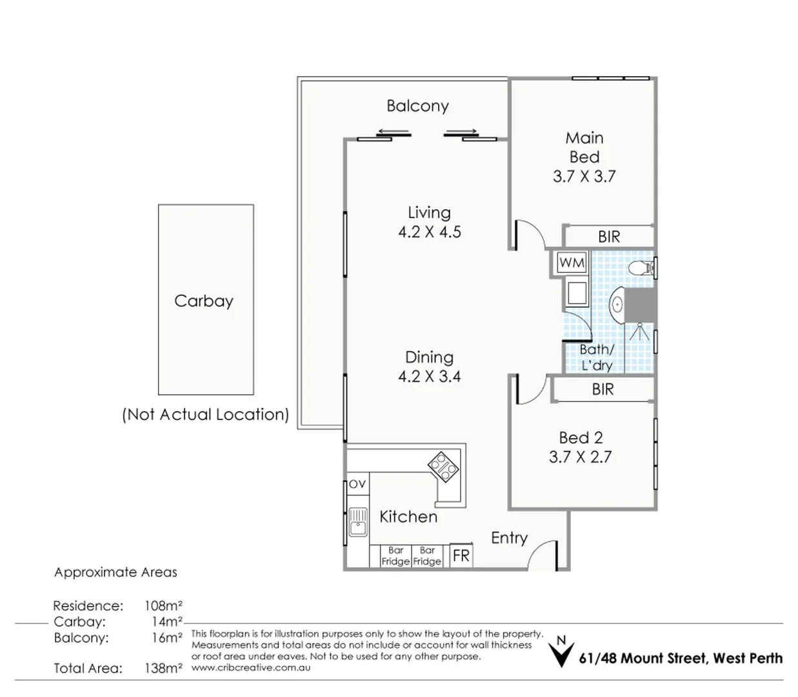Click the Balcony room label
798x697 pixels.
click(x=417, y=106)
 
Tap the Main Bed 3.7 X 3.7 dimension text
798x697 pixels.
click(x=584, y=176)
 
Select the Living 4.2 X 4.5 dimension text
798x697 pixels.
click(x=429, y=232)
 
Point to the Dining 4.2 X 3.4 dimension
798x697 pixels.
click(x=429, y=376)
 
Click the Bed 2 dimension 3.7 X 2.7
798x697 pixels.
click(x=580, y=457)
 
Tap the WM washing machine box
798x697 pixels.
click(x=572, y=263)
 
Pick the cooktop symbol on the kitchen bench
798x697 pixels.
click(x=444, y=466)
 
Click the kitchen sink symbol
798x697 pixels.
click(x=357, y=522)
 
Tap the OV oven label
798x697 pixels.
click(x=357, y=484)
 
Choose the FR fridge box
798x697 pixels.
click(x=461, y=556)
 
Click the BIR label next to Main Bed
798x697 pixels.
click(x=608, y=237)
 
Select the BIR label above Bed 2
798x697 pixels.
click(x=603, y=389)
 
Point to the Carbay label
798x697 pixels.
click(x=204, y=301)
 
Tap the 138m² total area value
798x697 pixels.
click(x=163, y=668)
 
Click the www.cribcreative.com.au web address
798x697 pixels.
click(x=251, y=667)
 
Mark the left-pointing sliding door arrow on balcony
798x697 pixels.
click(x=393, y=132)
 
